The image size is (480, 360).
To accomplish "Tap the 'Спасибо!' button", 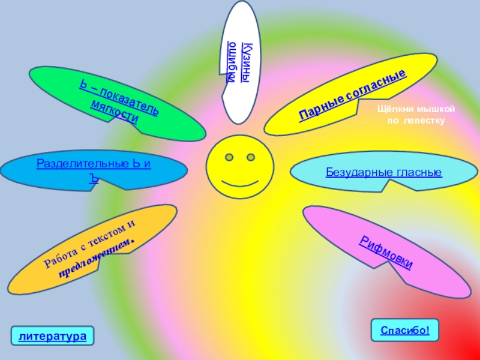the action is (x=405, y=330).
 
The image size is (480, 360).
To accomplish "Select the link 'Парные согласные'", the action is (x=353, y=94).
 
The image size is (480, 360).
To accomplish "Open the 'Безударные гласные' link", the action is (x=384, y=173).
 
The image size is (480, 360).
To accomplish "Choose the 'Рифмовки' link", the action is (x=388, y=253).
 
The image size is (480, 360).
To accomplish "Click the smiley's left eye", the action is (x=229, y=157).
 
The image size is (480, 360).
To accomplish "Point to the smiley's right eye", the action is (x=250, y=157).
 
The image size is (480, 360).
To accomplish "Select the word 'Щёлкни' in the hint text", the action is (x=394, y=110).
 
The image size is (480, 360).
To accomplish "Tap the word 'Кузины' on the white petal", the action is (x=246, y=63).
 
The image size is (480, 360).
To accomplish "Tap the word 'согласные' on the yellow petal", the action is (x=376, y=85).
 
